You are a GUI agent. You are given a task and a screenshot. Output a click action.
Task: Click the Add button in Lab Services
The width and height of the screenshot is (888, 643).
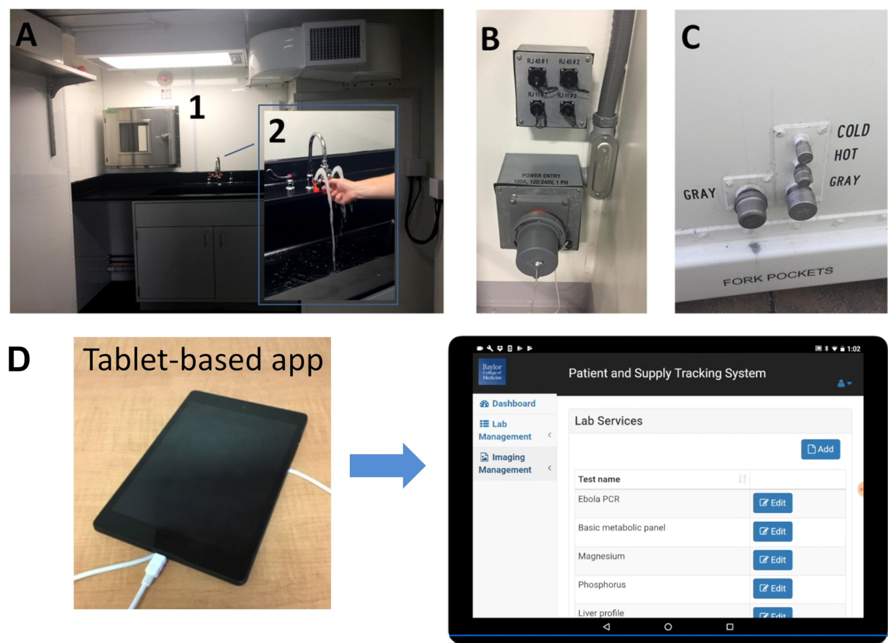(x=820, y=449)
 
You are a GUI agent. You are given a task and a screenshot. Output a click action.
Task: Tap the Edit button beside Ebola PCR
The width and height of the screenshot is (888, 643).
(x=773, y=503)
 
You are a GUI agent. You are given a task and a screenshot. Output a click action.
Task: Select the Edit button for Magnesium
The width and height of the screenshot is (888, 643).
(x=773, y=560)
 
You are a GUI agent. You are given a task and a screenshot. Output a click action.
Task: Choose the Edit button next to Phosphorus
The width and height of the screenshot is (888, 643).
(x=773, y=588)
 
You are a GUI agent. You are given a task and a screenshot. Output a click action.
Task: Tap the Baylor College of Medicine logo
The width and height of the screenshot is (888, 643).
(x=491, y=371)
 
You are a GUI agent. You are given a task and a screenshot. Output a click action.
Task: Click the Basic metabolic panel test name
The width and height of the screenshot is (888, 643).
(x=622, y=528)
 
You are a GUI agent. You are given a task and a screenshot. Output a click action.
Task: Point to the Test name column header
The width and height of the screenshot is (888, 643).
(x=599, y=479)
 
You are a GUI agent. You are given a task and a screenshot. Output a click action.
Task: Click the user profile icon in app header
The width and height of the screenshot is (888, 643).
(x=844, y=383)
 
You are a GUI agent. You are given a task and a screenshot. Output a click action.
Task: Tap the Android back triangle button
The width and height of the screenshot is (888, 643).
(x=606, y=626)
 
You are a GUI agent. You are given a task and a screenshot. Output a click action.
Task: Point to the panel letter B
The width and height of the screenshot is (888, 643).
(x=490, y=39)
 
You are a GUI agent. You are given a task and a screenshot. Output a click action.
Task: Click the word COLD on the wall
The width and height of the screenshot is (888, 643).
(x=853, y=131)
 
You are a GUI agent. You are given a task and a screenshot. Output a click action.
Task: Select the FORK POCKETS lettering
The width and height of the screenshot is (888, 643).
(x=777, y=276)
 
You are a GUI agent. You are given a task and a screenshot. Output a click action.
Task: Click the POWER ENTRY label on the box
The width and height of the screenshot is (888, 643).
(x=540, y=176)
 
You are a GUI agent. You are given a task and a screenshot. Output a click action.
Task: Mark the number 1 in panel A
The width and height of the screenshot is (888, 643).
(x=197, y=108)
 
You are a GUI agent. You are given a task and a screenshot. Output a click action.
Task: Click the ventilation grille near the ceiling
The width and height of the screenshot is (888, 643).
(x=334, y=42)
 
